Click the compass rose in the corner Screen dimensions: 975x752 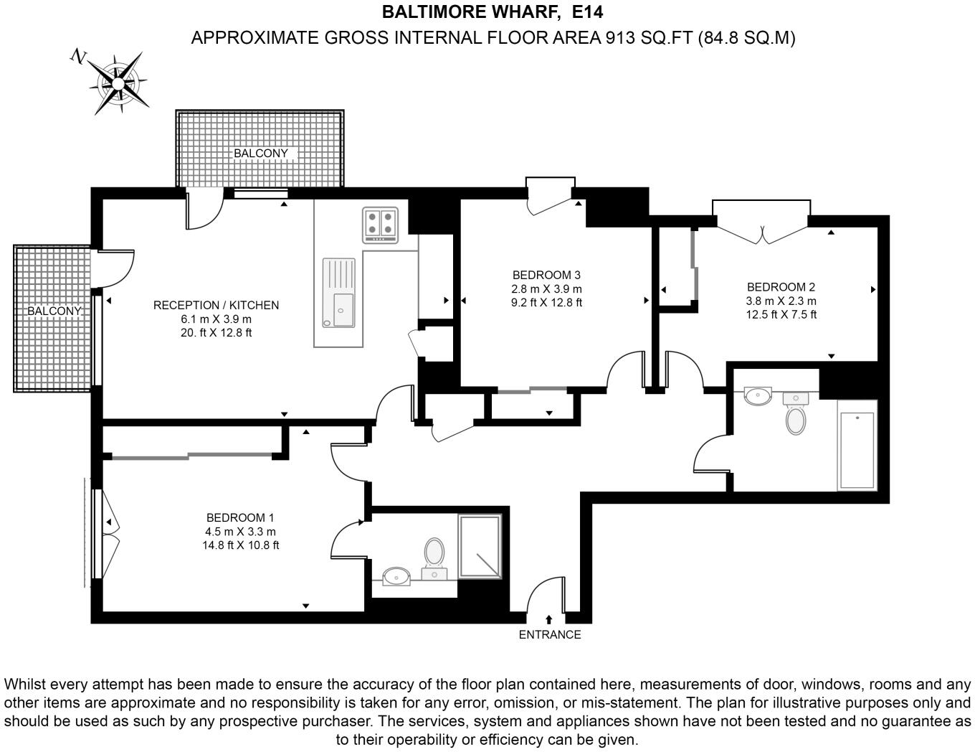click(x=118, y=83)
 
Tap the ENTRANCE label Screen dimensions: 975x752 click(x=550, y=634)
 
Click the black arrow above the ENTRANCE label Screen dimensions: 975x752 click(x=548, y=620)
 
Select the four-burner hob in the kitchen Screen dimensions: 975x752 click(x=380, y=224)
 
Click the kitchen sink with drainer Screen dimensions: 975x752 click(x=338, y=292)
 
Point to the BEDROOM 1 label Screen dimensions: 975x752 click(x=239, y=517)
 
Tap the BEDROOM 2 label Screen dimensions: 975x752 click(x=781, y=287)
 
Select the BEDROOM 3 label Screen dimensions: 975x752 click(x=546, y=275)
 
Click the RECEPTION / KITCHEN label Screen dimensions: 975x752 click(x=216, y=305)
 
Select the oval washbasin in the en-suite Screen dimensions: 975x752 click(x=396, y=576)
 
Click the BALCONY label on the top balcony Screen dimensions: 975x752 click(x=261, y=154)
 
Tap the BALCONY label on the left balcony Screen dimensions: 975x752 click(x=54, y=311)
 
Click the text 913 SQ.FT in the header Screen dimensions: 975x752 click(x=650, y=38)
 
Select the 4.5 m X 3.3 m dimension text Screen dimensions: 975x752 click(x=240, y=532)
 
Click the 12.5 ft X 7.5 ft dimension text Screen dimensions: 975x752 click(x=781, y=314)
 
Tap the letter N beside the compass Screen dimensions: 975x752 click(x=79, y=57)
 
